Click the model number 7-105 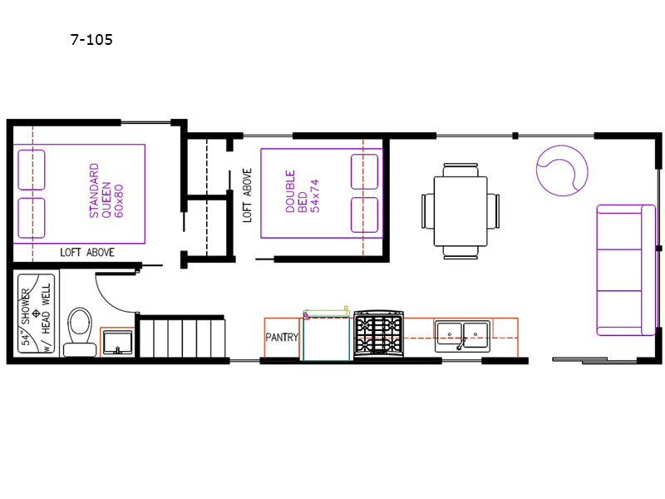coord(91,39)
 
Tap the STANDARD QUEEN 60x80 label coord(106,190)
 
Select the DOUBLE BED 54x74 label coord(302,191)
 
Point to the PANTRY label coord(282,338)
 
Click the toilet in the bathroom coord(80,332)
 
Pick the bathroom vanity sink coord(117,343)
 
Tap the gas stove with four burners coord(379,333)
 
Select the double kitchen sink coord(462,336)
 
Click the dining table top coord(461,211)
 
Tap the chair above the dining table coord(461,170)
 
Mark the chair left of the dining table coord(428,211)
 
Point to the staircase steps coord(182,338)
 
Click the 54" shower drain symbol coord(36,314)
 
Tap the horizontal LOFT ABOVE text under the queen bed coord(87,253)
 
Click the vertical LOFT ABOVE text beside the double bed coord(247,195)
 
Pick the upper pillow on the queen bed coord(32,170)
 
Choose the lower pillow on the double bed coord(364,215)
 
